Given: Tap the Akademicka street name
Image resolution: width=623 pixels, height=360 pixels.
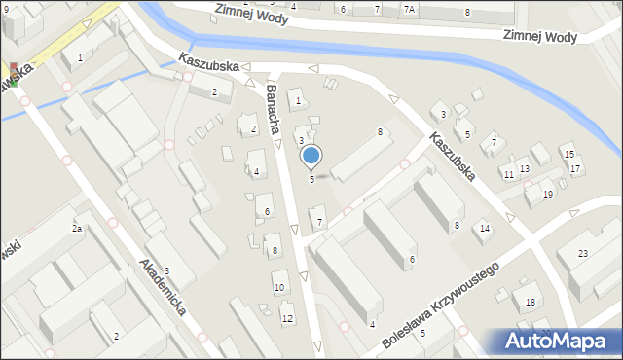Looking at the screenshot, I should (163, 292).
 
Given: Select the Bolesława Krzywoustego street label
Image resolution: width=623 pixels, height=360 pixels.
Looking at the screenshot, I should (440, 304).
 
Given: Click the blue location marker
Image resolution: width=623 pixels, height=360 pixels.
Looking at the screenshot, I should (311, 155).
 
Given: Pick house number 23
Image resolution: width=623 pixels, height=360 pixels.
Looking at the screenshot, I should (583, 253).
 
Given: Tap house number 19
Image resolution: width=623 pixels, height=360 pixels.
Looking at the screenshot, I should (548, 195).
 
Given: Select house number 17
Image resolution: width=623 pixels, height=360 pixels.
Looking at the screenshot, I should (575, 169).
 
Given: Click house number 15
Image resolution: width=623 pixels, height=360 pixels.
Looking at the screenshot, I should (569, 155).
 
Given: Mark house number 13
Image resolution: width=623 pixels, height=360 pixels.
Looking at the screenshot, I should (525, 169).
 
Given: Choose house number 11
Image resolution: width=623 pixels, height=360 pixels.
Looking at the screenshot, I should (508, 174).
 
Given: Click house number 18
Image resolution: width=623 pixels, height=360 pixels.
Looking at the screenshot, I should (530, 303).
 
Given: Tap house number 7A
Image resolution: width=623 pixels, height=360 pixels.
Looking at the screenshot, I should (409, 9).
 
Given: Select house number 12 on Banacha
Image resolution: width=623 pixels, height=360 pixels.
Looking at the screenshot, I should (287, 318).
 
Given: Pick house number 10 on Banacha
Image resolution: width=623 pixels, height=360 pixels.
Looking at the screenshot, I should (279, 287).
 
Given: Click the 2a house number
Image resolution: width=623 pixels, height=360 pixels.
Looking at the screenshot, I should (76, 229).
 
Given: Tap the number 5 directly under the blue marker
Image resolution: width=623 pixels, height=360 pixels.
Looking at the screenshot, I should (311, 178).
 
